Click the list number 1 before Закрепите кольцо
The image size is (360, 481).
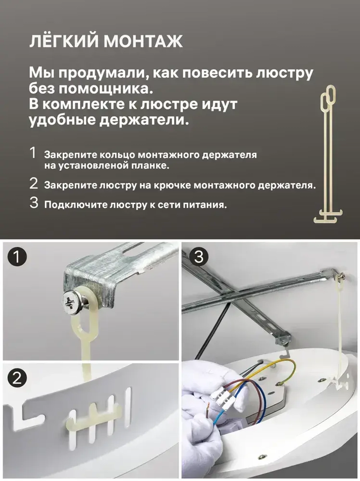(33, 153)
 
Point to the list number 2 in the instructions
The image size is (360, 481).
(33, 184)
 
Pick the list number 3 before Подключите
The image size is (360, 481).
(34, 203)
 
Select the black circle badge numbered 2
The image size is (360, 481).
(17, 378)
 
